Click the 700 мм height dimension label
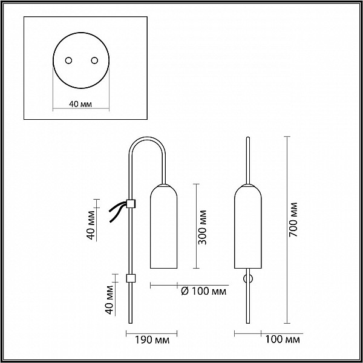coord(293,220)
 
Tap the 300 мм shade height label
coord(202,227)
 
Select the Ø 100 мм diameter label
coord(203,291)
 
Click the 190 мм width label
coord(152,340)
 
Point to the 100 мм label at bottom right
coord(282,339)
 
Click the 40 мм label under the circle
coord(80,104)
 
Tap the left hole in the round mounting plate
coord(68,60)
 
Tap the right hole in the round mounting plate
coord(94,60)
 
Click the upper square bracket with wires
coord(131,203)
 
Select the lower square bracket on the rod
coord(131,278)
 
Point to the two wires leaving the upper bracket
coord(118,211)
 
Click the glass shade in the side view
coord(164,226)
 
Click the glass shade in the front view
coord(248,226)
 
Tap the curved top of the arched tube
coord(147,139)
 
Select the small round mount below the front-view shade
coord(248,279)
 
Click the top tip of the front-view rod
coord(248,137)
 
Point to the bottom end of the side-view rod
coord(131,323)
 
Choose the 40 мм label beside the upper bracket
coord(91,224)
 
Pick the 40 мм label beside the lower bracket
coord(110,299)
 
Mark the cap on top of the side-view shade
coord(164,185)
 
